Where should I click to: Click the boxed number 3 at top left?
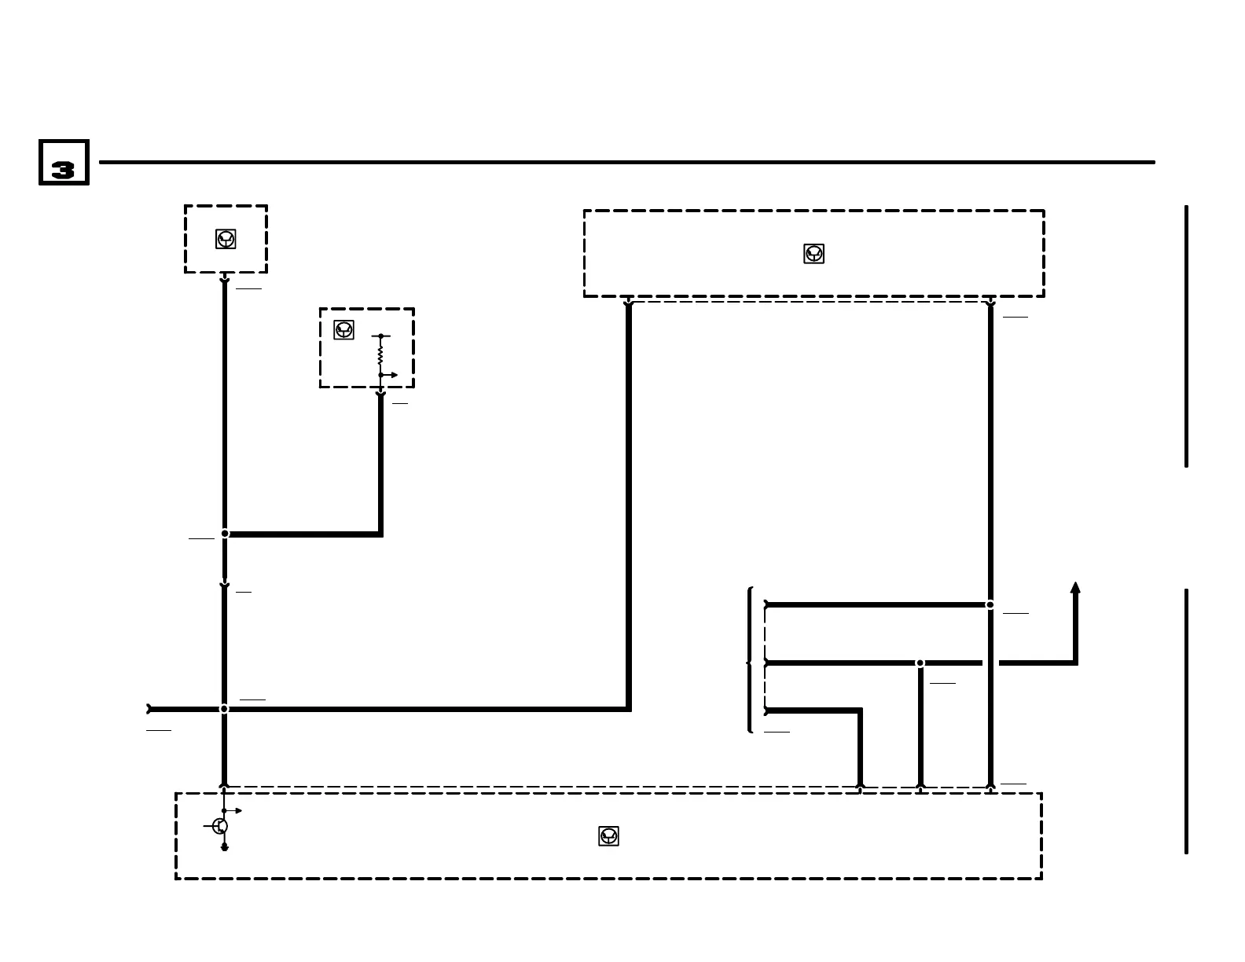64,163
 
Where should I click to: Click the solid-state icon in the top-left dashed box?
226,239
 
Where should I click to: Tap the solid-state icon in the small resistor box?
343,330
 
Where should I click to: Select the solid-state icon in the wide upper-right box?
813,254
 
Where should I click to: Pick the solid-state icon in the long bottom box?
608,836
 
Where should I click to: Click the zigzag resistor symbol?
380,355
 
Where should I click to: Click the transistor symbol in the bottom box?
220,826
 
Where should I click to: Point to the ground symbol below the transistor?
224,847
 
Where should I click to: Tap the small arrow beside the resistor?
392,375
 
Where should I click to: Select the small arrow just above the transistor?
236,810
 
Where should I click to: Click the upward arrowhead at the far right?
1075,588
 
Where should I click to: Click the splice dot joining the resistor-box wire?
225,534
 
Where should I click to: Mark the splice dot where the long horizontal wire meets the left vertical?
224,709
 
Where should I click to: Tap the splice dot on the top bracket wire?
990,604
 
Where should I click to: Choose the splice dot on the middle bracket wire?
920,663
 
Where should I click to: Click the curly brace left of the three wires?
750,660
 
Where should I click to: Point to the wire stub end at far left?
149,709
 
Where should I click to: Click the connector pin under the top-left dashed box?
224,279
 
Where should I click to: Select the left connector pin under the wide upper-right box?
628,303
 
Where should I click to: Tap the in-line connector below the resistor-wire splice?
224,585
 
